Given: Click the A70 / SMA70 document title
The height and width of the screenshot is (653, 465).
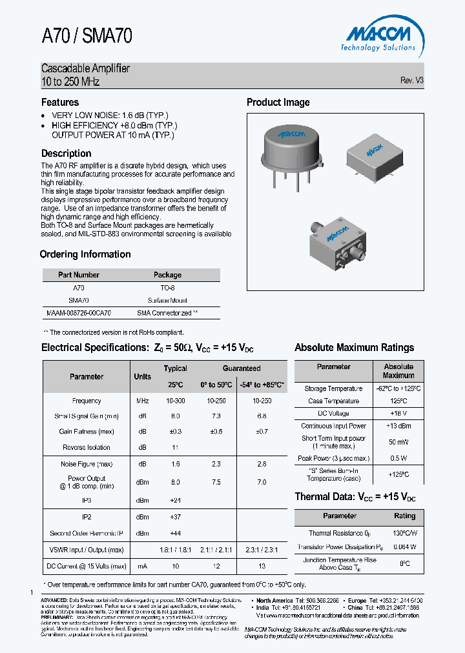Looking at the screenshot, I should [87, 36].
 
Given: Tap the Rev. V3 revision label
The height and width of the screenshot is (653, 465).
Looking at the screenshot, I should [411, 81].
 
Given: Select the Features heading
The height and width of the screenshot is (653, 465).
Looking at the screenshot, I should [60, 102].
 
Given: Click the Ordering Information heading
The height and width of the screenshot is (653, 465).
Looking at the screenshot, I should [85, 254].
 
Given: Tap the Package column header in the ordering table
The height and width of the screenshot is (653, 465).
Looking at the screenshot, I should [167, 275].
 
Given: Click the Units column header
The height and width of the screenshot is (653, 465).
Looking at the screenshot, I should [143, 376].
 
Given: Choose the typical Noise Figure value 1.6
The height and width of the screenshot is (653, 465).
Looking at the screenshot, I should [176, 464].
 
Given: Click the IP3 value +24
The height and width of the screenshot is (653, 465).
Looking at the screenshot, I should [176, 500].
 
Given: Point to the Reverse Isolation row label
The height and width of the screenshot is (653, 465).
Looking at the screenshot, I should [87, 447].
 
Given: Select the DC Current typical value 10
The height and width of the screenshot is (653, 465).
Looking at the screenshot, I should [176, 566].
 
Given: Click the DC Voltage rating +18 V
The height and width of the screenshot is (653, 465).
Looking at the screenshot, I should [398, 413].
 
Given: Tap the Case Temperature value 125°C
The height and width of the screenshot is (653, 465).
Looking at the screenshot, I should [398, 401].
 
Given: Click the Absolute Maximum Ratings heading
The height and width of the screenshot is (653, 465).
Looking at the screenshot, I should [354, 347].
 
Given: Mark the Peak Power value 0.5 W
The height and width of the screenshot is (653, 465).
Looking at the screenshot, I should [398, 458].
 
